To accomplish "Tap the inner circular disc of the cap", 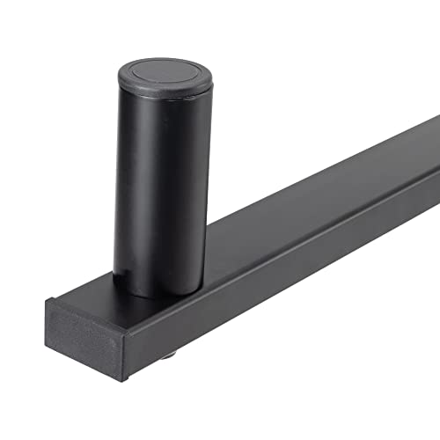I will click(x=165, y=73).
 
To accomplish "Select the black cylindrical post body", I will click(x=163, y=185).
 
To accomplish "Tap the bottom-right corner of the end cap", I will click(x=124, y=379).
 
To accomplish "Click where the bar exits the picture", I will click(x=436, y=158).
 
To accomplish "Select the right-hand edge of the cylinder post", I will click(x=210, y=176).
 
